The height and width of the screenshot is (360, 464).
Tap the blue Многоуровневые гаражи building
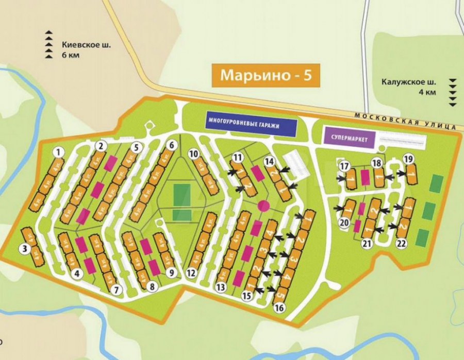click(x=251, y=123)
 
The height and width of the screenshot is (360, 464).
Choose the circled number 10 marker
click(x=194, y=153)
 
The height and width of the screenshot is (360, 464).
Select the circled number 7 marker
click(x=117, y=290)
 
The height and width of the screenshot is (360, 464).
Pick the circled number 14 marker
click(x=269, y=161)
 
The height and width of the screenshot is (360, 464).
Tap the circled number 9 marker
click(x=172, y=272)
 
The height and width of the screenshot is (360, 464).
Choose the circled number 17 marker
click(x=344, y=165)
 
